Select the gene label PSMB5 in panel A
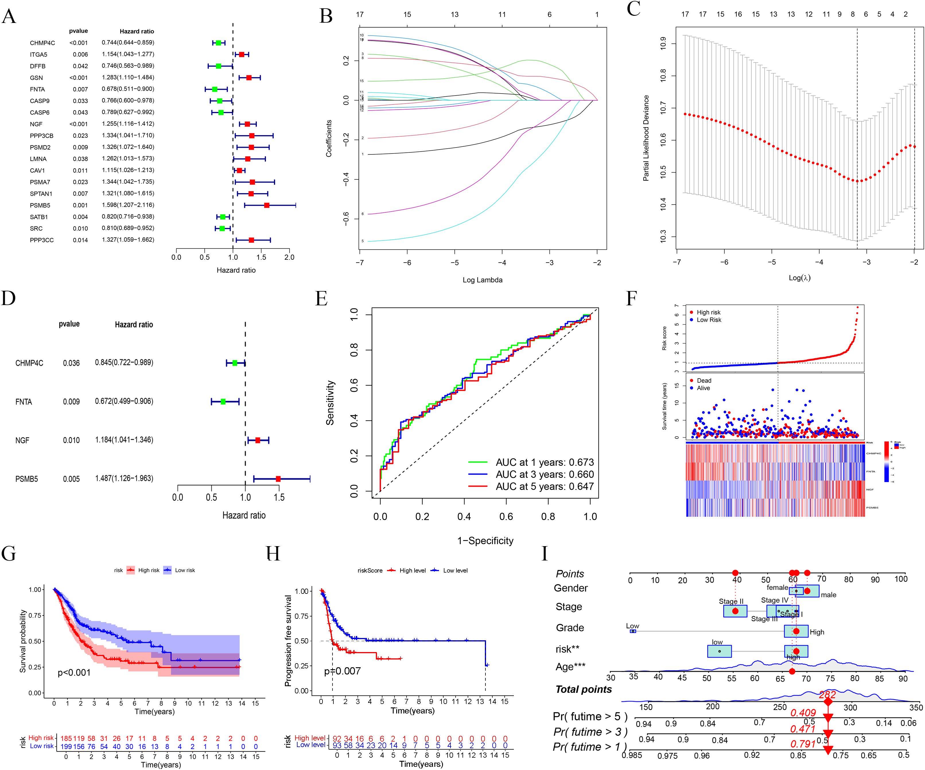click(40, 205)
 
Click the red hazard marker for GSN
click(249, 77)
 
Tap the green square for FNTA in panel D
click(223, 402)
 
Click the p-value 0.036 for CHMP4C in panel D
click(71, 363)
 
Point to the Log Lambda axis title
click(482, 280)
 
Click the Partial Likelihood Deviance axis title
click(646, 138)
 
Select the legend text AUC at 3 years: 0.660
click(545, 474)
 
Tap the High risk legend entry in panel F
click(708, 312)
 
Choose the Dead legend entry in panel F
click(704, 381)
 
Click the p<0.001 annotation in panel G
click(74, 673)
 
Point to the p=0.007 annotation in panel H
click(342, 671)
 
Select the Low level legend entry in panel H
click(455, 571)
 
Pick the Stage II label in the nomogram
click(731, 601)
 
